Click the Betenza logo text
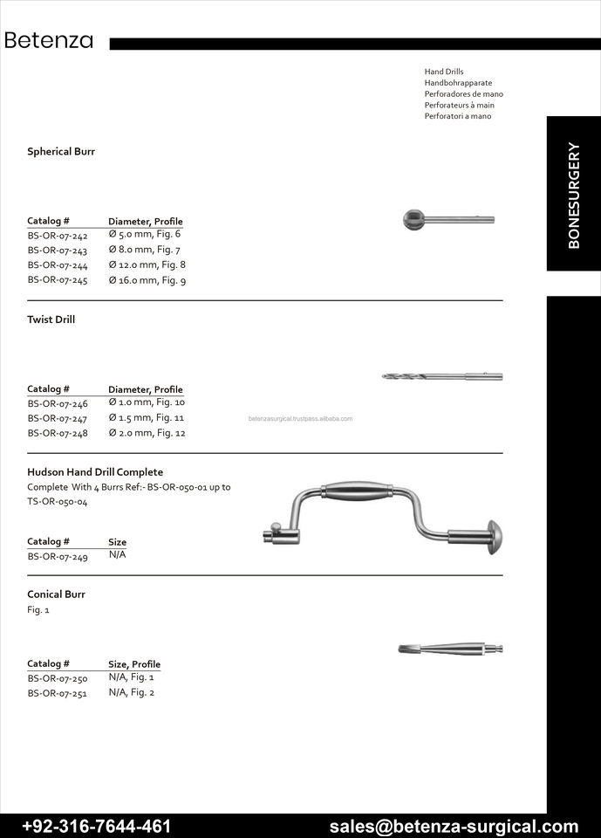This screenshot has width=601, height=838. point(49,41)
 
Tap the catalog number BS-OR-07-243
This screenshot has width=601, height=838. point(58,251)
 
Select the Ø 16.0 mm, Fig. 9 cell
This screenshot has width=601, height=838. point(147,280)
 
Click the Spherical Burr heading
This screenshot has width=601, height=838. point(61,152)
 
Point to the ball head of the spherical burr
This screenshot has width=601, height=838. point(414,219)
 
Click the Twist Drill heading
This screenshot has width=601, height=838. point(51,319)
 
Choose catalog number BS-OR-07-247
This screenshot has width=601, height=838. point(58,418)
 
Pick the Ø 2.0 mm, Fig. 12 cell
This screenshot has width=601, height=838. point(147,433)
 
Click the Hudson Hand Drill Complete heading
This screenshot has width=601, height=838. point(95,472)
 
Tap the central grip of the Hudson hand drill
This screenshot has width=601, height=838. point(357,491)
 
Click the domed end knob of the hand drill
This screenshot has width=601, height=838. point(495,534)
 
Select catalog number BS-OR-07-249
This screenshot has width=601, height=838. point(58,556)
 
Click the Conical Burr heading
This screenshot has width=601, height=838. point(56,594)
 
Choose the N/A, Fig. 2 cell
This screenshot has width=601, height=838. point(131,692)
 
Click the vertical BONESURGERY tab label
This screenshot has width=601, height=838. point(573,195)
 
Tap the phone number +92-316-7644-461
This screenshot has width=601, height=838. point(96,826)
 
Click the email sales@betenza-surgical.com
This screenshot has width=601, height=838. point(454,826)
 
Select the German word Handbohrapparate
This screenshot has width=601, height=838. point(458,83)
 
